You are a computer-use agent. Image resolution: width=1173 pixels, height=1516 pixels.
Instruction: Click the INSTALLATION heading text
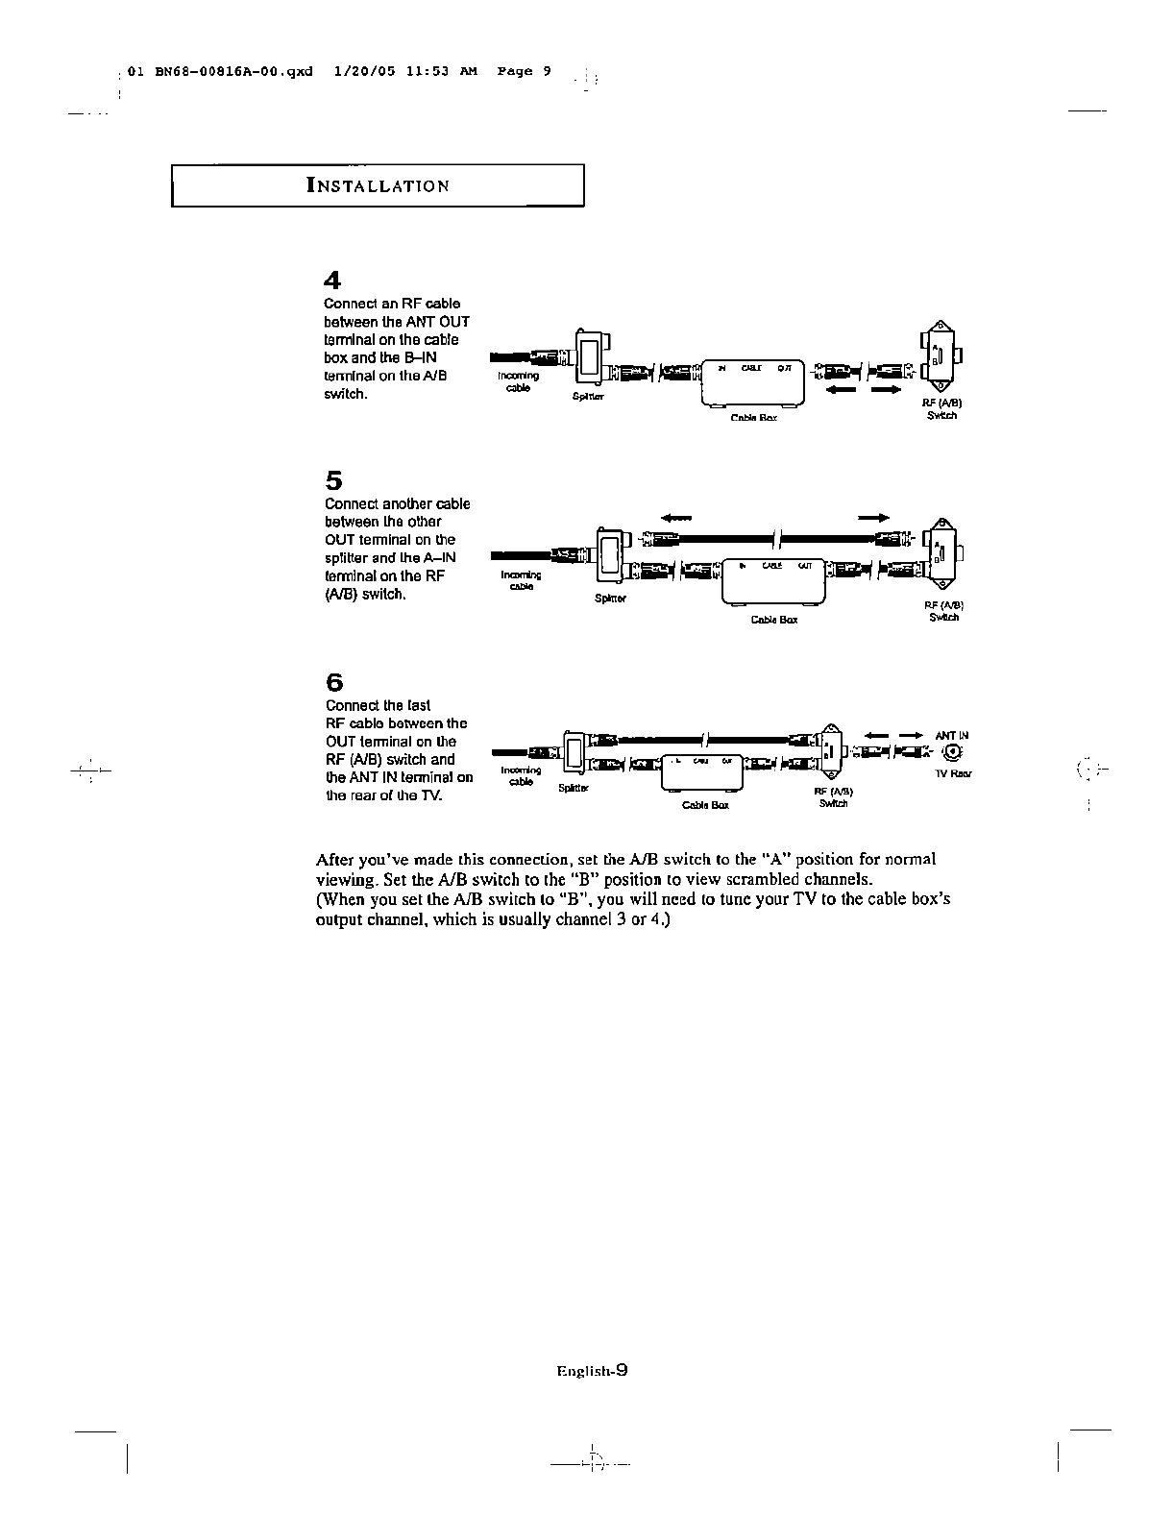[378, 186]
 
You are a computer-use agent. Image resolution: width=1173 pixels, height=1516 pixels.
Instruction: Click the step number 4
[332, 281]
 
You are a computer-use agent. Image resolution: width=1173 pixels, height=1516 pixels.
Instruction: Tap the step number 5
[333, 479]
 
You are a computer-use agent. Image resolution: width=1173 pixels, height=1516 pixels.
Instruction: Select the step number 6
[333, 682]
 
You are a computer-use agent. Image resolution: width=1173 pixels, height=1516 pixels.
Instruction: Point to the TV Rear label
[953, 773]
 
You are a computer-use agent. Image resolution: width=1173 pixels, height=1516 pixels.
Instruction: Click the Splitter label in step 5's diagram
[611, 599]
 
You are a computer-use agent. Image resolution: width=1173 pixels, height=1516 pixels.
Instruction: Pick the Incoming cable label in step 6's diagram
[521, 775]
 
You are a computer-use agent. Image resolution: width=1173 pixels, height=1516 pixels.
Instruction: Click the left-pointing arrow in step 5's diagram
[677, 517]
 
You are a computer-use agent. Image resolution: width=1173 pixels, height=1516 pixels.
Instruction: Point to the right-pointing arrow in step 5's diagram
[873, 517]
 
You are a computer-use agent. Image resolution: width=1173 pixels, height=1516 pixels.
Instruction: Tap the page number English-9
[592, 1372]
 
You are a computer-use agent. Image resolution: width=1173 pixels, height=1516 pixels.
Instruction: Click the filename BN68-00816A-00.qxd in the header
[232, 71]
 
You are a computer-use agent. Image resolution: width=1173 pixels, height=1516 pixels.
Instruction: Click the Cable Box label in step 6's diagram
[705, 805]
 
